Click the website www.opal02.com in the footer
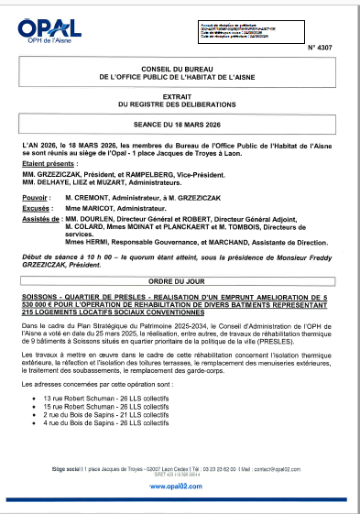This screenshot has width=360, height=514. tap(180, 487)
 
